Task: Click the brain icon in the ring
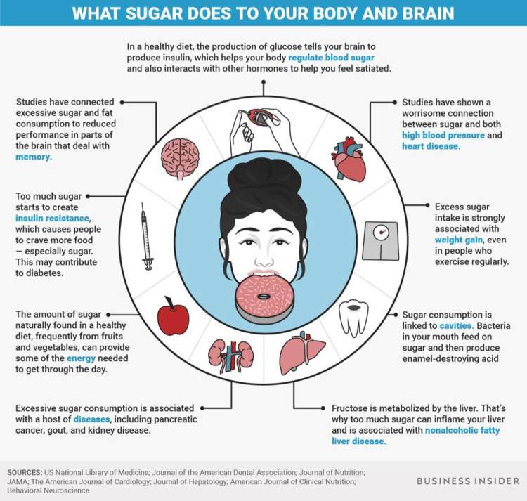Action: (x=182, y=157)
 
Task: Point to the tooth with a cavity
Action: (x=354, y=318)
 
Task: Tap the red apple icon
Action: (x=173, y=317)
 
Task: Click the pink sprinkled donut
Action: (x=264, y=297)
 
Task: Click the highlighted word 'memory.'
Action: (x=34, y=158)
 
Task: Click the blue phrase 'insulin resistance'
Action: (x=53, y=219)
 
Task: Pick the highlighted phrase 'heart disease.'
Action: (x=431, y=146)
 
